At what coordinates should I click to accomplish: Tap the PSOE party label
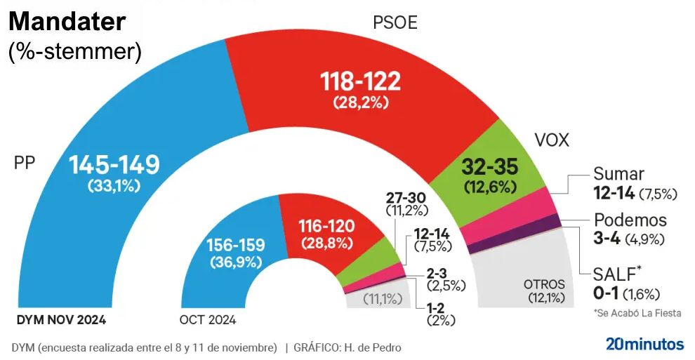click(395, 22)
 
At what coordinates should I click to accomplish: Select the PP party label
click(25, 164)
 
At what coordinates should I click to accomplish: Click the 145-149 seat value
click(114, 166)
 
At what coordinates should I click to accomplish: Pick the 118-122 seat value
click(361, 81)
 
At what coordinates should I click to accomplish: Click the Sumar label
click(618, 173)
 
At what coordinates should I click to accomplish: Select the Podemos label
click(630, 220)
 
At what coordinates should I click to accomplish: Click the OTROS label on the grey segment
click(544, 284)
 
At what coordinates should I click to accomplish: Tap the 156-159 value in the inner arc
click(235, 246)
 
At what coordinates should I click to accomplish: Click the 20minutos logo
click(644, 344)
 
